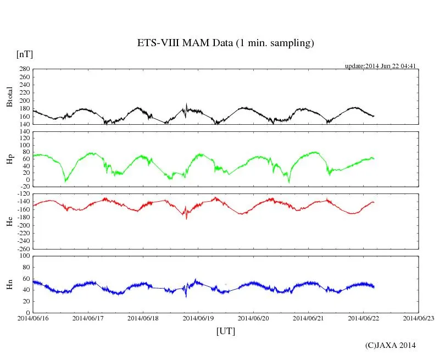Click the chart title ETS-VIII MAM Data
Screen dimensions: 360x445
point(225,43)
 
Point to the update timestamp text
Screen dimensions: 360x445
point(380,66)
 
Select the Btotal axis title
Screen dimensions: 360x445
point(9,97)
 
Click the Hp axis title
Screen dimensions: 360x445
point(9,159)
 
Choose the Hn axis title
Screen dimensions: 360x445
point(9,284)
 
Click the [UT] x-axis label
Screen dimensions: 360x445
point(225,331)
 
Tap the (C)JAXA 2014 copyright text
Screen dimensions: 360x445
point(391,345)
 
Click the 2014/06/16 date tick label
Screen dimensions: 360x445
point(33,318)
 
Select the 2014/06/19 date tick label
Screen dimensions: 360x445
point(198,318)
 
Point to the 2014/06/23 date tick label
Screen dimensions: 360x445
point(418,318)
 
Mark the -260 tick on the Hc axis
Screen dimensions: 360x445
point(23,248)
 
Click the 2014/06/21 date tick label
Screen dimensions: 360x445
point(308,318)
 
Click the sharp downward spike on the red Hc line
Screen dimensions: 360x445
point(186,218)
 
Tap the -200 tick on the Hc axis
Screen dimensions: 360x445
point(23,225)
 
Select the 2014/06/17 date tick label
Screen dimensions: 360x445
point(88,318)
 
